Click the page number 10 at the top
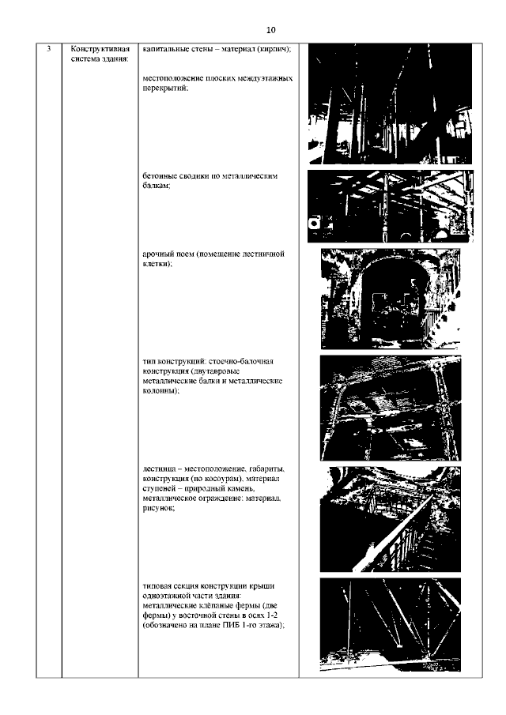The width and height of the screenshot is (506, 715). [270, 30]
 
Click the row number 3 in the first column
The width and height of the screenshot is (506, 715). [49, 48]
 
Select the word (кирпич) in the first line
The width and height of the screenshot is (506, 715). [274, 49]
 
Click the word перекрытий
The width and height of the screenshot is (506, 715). [165, 88]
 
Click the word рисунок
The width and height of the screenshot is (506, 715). [158, 509]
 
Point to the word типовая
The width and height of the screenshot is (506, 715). [156, 586]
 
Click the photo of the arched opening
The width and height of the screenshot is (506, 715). [391, 299]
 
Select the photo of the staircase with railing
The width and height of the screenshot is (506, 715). [391, 519]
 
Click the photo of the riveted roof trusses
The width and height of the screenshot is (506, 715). [391, 625]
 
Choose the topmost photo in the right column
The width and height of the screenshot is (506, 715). [391, 104]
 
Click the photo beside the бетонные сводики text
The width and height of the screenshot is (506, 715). [391, 206]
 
